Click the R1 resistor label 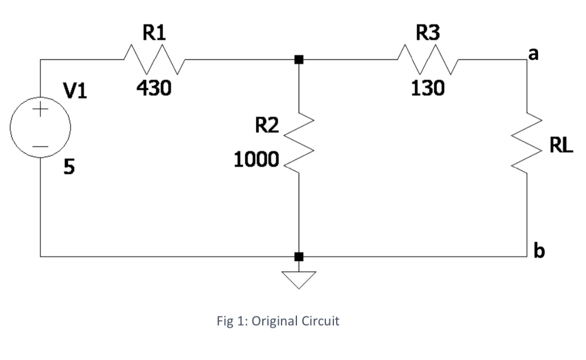[154, 33]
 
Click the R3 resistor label [428, 33]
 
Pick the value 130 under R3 [427, 88]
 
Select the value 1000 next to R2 [255, 160]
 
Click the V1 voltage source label [74, 91]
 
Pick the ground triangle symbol [299, 279]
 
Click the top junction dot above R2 [299, 60]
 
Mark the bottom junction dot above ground [299, 256]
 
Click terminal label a [534, 54]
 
